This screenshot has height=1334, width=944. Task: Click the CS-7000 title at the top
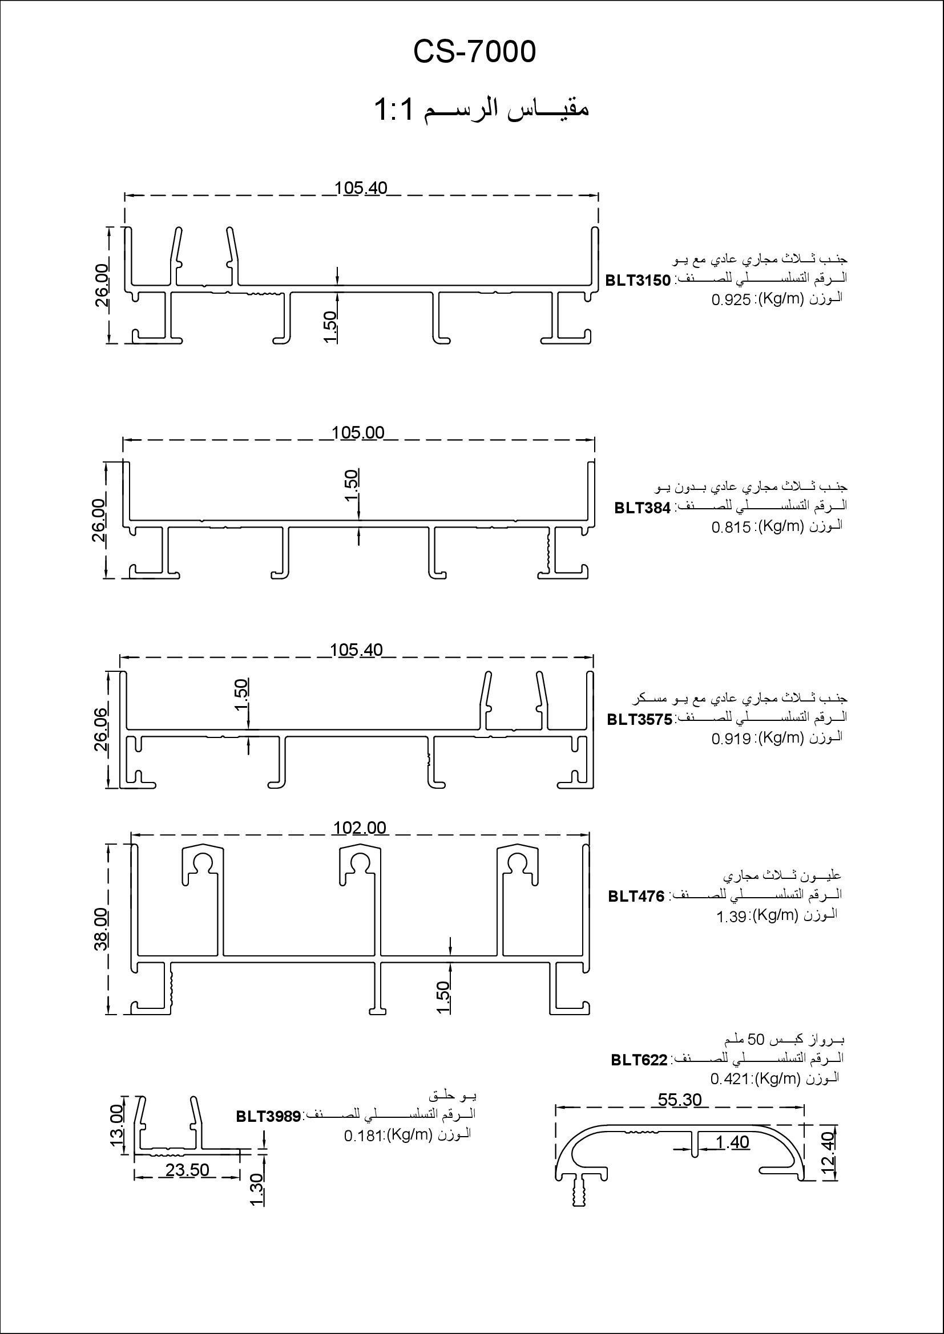[x=474, y=52]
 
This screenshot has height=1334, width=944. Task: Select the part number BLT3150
[x=638, y=281]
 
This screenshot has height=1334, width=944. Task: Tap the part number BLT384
[x=642, y=508]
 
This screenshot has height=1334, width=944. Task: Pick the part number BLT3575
[x=639, y=719]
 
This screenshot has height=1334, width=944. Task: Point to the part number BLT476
[x=636, y=897]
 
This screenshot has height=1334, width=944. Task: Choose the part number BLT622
[x=639, y=1060]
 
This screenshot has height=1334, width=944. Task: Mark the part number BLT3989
[x=268, y=1116]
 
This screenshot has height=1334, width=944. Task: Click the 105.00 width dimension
[x=358, y=433]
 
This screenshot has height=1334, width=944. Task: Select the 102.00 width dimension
[x=360, y=828]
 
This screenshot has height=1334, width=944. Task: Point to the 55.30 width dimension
[x=680, y=1099]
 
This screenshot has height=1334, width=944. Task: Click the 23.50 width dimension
[x=187, y=1170]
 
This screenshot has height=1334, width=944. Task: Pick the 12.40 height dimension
[x=829, y=1154]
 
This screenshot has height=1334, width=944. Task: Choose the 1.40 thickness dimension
[x=732, y=1142]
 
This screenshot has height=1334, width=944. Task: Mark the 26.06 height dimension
[x=101, y=729]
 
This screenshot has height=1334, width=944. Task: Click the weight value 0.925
[x=731, y=301]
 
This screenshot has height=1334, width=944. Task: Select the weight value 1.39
[x=731, y=918]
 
